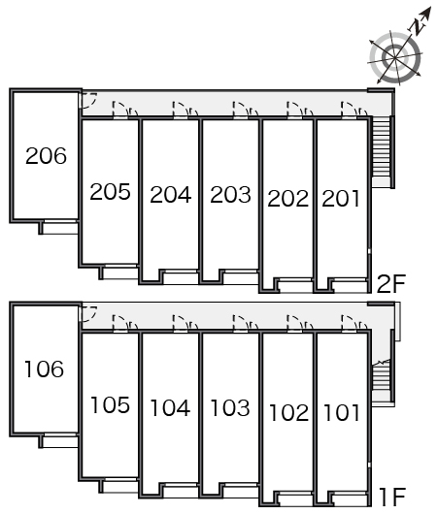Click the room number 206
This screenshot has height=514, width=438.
coord(46,156)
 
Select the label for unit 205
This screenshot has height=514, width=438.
coord(110,191)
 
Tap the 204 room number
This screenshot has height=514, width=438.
coord(170,195)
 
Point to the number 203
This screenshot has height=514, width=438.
coord(230,195)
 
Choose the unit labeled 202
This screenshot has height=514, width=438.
coord(287,198)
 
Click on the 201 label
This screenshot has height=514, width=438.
coord(341,198)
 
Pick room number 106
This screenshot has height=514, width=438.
coord(45,369)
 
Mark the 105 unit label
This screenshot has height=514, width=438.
coord(110,404)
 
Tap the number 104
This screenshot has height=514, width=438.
coord(170,408)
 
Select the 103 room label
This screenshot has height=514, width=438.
coord(230,408)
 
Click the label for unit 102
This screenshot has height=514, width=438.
coord(289,412)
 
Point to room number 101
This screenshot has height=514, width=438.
coord(342,412)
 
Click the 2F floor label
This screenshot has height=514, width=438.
coord(391,283)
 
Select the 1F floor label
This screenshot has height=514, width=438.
coord(392,497)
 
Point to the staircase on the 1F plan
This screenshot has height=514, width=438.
coord(382,380)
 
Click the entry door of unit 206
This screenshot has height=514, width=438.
coord(88,101)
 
